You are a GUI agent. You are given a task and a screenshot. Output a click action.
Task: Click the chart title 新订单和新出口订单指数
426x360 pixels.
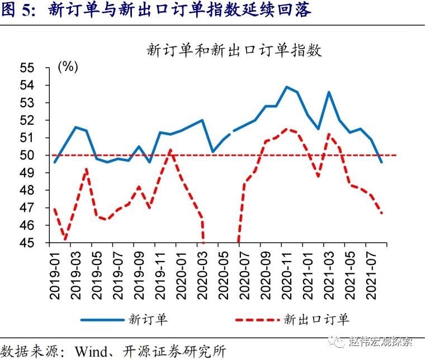tap(234, 50)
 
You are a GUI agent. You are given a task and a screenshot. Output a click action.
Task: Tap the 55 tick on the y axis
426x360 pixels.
tap(42, 68)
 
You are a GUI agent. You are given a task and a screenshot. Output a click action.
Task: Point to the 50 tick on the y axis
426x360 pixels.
tap(42, 155)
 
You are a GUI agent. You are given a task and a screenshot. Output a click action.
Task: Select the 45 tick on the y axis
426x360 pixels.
tap(42, 243)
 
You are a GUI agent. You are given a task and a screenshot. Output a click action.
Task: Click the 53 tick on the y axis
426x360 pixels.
tap(42, 103)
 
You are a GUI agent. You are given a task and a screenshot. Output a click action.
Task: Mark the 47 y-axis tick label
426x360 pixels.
tap(42, 208)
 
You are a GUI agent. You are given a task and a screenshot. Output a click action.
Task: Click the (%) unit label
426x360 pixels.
tap(68, 67)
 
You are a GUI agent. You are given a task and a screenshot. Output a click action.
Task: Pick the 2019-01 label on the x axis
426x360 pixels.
tap(55, 271)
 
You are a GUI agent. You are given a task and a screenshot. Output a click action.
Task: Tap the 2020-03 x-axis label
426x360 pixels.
tap(202, 271)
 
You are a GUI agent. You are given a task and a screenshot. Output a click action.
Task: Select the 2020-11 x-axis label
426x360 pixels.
tap(286, 271)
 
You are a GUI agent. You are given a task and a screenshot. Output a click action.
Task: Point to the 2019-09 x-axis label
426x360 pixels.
tap(139, 271)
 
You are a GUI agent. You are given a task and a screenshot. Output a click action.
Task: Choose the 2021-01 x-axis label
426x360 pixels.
tap(307, 271)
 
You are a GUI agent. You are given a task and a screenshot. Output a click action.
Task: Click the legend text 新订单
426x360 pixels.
tap(148, 320)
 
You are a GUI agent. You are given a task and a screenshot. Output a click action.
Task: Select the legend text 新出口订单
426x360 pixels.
tap(316, 320)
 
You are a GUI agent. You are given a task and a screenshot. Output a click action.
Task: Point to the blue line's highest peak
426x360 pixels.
tap(286, 87)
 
